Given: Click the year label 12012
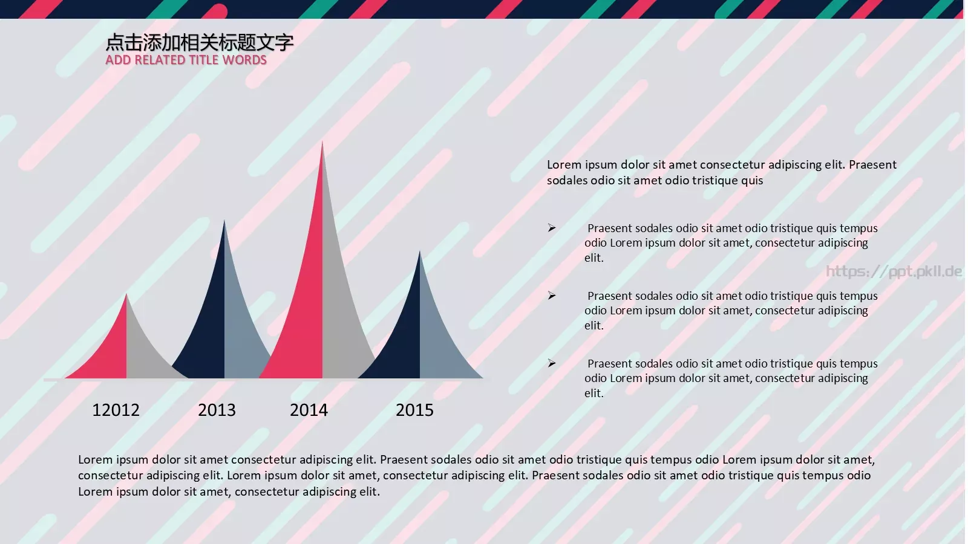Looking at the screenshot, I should click(x=116, y=410).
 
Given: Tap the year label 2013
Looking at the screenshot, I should click(x=217, y=410).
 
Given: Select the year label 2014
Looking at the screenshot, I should click(x=309, y=410).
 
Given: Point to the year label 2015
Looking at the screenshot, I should click(x=414, y=410).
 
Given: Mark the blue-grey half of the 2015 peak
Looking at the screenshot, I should click(x=439, y=345).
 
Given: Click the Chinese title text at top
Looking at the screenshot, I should click(x=200, y=42).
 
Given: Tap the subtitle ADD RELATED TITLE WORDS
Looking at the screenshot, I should click(x=186, y=60).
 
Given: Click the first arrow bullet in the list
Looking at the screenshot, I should click(x=552, y=228).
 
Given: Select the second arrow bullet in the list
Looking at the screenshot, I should click(x=552, y=296).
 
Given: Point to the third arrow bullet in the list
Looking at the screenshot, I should click(x=552, y=363).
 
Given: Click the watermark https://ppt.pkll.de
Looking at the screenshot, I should click(x=894, y=271).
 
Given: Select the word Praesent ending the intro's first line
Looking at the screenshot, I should click(x=872, y=164).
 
